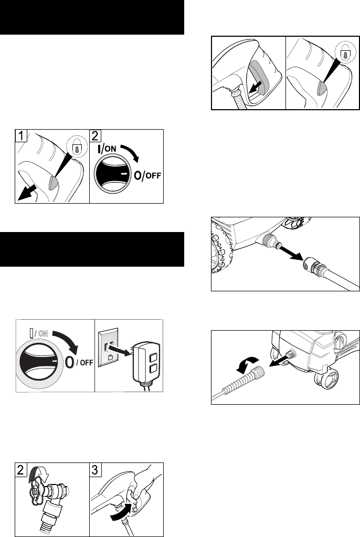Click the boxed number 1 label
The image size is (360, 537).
click(x=21, y=135)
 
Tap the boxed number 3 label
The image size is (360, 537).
click(x=96, y=469)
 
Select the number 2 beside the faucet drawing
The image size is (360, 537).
click(x=21, y=469)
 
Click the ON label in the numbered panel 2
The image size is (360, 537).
click(x=110, y=149)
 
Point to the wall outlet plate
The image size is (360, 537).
click(x=109, y=349)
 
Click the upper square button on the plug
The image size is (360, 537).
click(x=153, y=357)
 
